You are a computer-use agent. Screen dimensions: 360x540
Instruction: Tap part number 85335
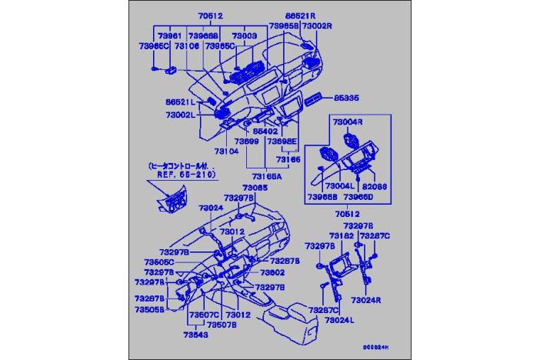(x=347, y=98)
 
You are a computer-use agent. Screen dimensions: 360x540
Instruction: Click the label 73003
(x=245, y=35)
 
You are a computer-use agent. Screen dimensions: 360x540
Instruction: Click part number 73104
(x=228, y=151)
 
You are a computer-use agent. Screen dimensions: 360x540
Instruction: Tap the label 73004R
(x=348, y=122)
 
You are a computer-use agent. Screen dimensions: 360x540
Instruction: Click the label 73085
(x=255, y=188)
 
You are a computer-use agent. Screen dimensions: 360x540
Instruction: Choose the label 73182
(x=341, y=235)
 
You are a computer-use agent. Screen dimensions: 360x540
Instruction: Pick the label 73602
(x=272, y=272)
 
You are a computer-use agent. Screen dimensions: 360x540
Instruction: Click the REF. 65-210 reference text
(x=182, y=175)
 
